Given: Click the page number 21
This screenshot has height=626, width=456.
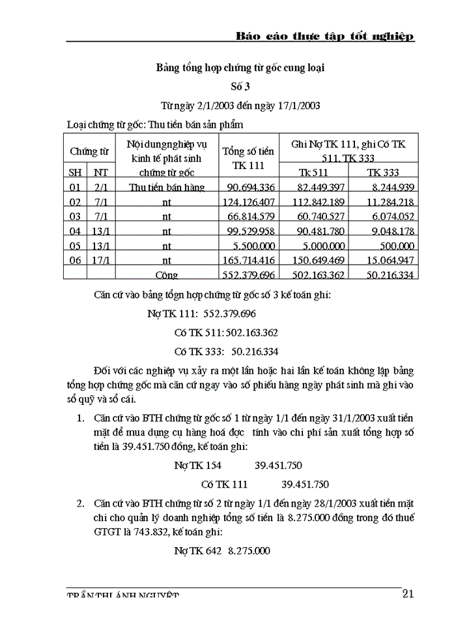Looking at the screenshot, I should (x=408, y=593).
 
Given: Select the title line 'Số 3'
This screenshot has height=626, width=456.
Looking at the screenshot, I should (x=240, y=85).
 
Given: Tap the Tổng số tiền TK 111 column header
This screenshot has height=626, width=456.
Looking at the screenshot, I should (x=248, y=158).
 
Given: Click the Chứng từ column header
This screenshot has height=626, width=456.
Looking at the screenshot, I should (x=89, y=152).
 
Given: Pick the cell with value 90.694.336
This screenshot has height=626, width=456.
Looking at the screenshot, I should (x=248, y=188).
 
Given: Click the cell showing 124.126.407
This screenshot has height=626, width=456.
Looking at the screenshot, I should (x=248, y=202).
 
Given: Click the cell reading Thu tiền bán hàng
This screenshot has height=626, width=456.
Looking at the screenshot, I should (x=167, y=188).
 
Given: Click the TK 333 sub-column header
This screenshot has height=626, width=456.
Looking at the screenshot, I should (x=383, y=173).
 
